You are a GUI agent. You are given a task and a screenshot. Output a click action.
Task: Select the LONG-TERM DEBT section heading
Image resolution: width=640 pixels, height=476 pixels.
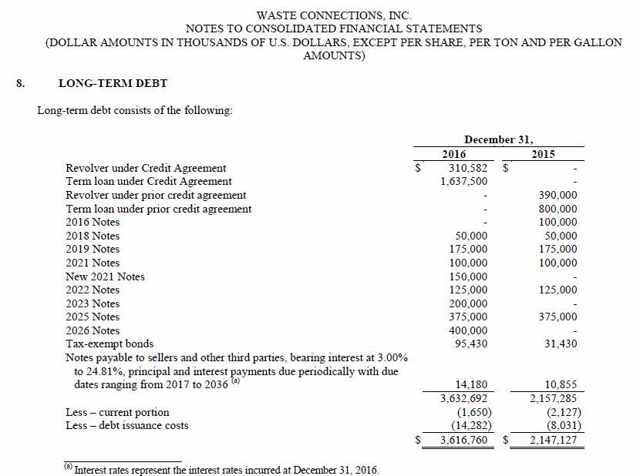point(113,83)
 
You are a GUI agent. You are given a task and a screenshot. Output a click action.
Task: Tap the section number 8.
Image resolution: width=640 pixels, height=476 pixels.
point(21,83)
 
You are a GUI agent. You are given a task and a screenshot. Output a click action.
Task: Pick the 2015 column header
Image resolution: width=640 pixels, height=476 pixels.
point(544,154)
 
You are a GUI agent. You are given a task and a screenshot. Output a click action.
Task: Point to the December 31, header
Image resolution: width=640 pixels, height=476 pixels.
point(498,139)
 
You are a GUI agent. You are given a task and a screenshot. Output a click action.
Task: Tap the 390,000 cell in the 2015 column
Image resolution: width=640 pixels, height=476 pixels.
point(557,195)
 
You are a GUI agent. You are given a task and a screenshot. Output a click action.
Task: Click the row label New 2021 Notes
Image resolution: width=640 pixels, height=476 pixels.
point(105,277)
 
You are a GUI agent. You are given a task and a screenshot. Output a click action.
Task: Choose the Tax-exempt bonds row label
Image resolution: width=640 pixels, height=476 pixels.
point(109,344)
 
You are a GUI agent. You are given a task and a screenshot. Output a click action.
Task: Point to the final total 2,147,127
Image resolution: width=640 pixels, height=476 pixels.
point(553,441)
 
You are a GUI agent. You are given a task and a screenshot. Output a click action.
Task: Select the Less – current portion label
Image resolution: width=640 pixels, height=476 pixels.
point(117,412)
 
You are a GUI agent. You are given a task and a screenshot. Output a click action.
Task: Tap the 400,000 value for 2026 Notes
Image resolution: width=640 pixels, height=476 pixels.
point(467,330)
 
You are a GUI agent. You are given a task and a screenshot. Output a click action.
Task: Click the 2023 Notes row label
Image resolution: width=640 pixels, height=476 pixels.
point(93,303)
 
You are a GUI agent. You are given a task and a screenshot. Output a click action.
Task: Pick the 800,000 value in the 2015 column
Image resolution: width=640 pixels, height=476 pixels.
point(557,209)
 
